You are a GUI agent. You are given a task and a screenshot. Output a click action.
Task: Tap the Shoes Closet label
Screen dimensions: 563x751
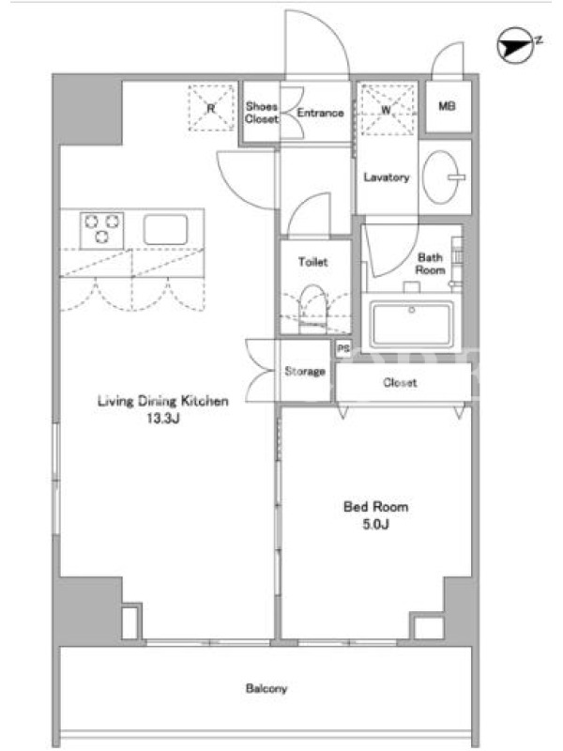pos(262,113)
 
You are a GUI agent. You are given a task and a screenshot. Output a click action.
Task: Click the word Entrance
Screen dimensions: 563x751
pos(320,113)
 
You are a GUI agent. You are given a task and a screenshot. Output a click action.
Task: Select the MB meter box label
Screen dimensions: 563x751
pos(448,106)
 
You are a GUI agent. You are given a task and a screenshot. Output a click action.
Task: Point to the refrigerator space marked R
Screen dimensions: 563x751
pos(212,108)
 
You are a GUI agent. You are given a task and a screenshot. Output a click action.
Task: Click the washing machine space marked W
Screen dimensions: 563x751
pos(387,110)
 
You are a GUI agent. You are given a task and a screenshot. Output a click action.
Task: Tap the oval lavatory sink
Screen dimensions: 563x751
pos(441,177)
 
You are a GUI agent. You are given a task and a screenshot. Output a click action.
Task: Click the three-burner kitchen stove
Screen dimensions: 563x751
pos(102,230)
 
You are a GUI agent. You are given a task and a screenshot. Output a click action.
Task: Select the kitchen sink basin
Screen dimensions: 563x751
pos(166,230)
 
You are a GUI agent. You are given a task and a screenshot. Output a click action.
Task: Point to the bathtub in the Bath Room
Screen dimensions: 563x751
pos(412,324)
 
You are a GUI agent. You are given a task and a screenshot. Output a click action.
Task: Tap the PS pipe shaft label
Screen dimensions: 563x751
pos(343,348)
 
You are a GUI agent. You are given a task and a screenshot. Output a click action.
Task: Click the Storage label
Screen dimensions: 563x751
pos(305,371)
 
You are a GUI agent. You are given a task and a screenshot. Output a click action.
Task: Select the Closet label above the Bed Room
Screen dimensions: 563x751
pos(401,382)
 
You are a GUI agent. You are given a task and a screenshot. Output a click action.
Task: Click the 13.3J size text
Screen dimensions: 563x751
pos(163,418)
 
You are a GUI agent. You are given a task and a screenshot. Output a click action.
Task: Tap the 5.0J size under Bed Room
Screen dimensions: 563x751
pos(376,524)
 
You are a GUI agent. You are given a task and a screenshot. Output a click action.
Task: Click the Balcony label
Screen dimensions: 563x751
pos(266,689)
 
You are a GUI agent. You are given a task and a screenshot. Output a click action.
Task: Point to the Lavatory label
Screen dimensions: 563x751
pos(387,177)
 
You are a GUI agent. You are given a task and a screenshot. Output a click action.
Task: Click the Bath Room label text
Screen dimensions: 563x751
pos(430,264)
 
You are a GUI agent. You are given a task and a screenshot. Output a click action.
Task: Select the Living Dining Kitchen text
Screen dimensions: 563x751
pos(163,401)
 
